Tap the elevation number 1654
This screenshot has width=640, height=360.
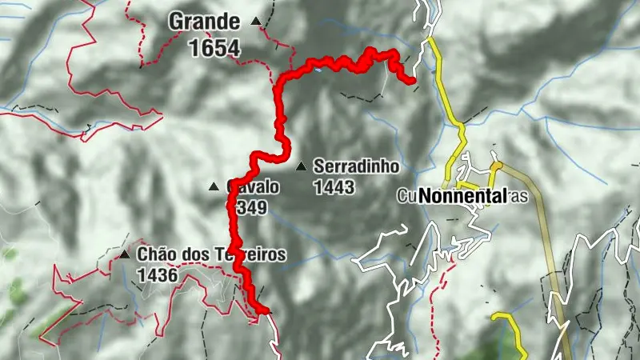(214, 48)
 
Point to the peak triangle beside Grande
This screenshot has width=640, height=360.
(256, 22)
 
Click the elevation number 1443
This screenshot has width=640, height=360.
(334, 188)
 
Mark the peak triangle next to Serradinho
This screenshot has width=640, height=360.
(301, 167)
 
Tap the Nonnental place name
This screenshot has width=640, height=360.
(462, 196)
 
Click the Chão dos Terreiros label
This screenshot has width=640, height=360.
(211, 255)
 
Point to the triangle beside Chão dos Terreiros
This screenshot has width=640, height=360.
(125, 255)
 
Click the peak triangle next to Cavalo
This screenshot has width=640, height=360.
(214, 187)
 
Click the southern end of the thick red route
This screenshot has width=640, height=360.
(264, 310)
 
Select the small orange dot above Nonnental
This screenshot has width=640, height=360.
(495, 166)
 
